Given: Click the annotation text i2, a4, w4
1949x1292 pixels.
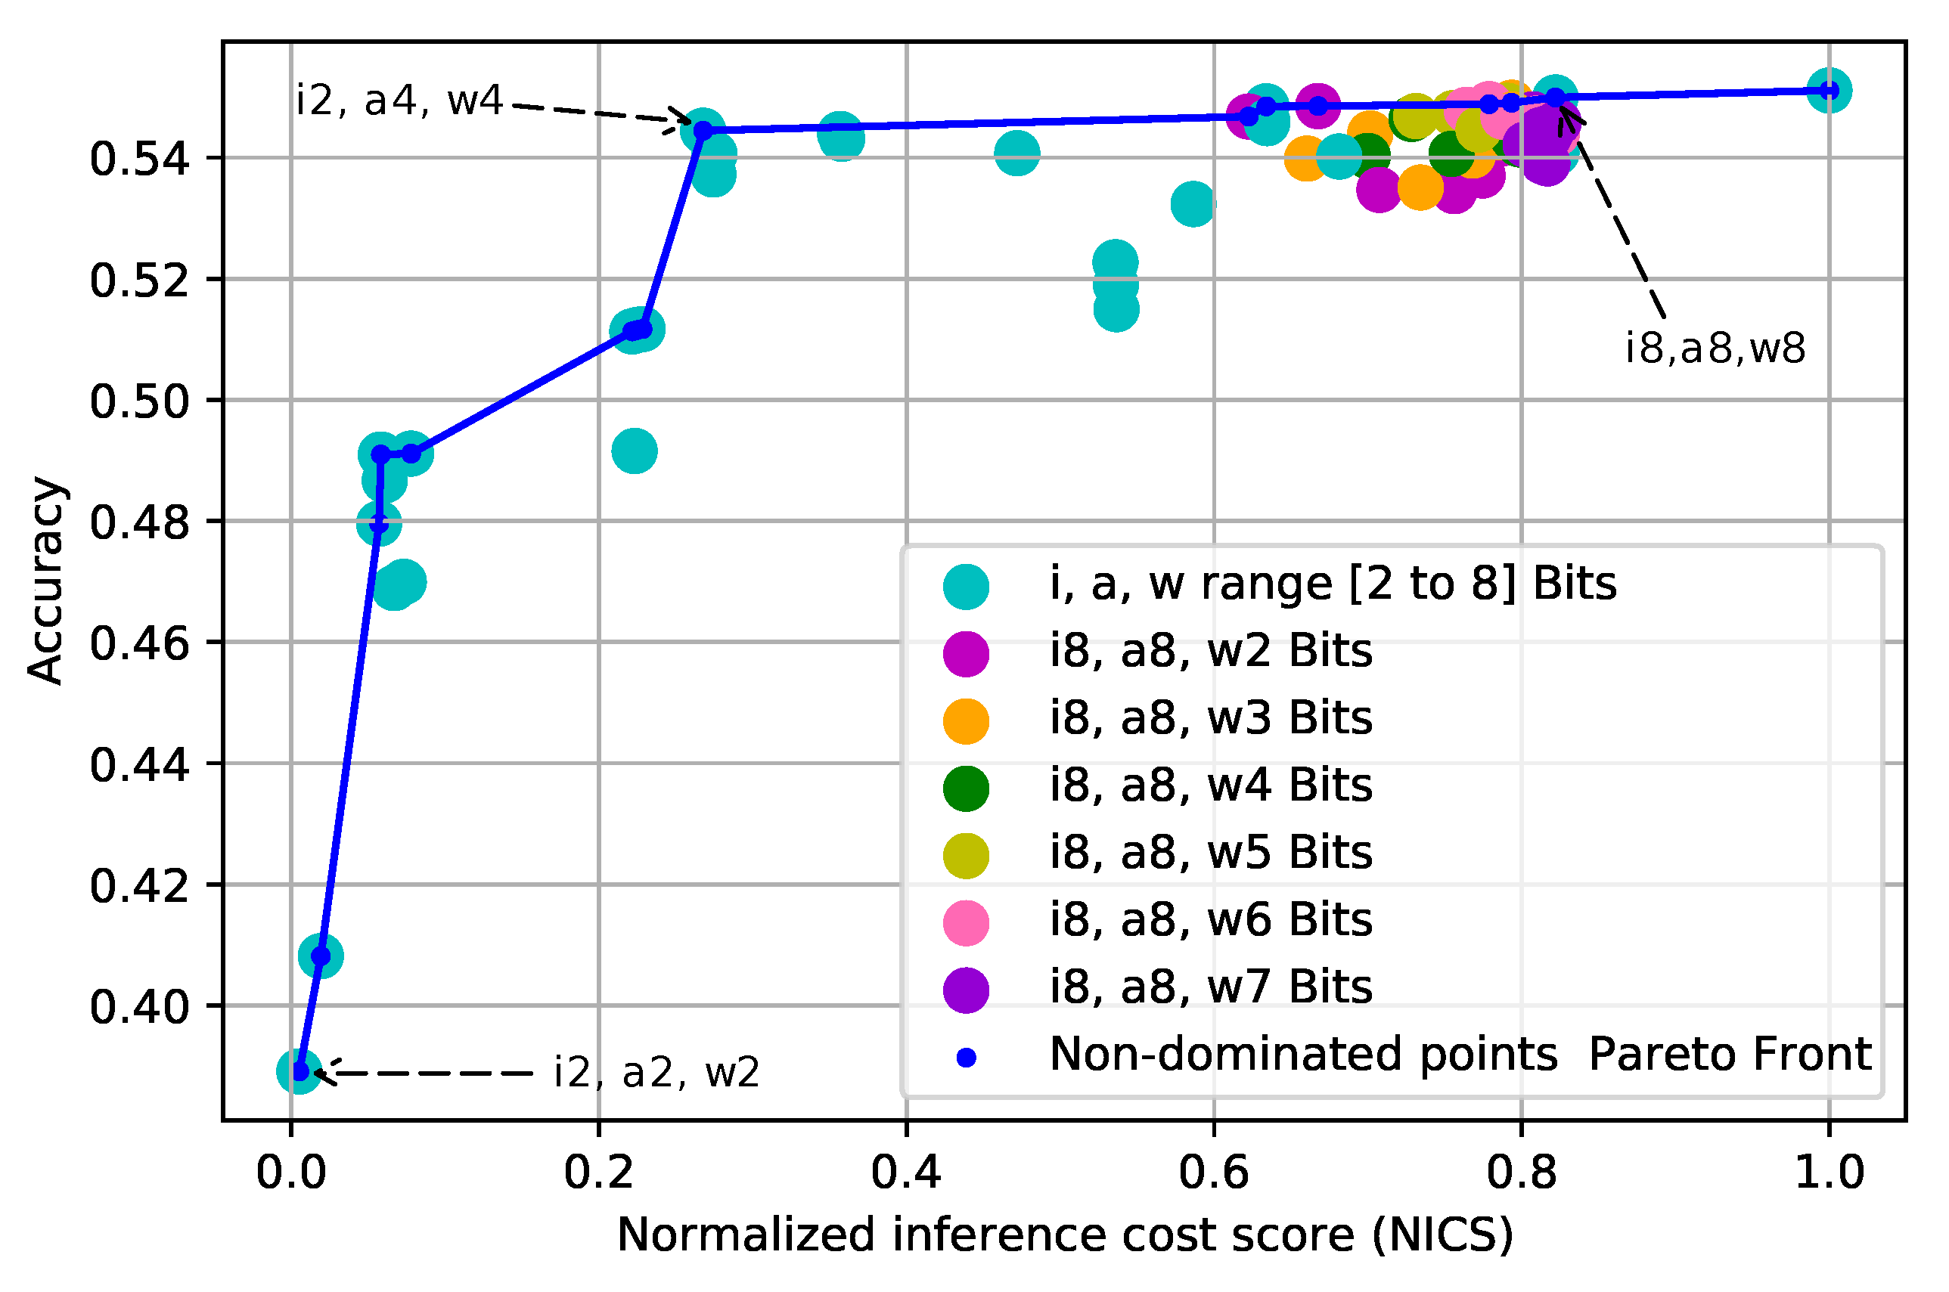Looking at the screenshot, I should pyautogui.click(x=399, y=101).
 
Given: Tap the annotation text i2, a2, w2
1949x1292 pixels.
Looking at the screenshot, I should pyautogui.click(x=656, y=1073).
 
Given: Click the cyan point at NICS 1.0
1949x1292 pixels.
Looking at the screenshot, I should pyautogui.click(x=1829, y=91).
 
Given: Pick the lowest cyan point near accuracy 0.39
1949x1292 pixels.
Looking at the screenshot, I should pyautogui.click(x=298, y=1071).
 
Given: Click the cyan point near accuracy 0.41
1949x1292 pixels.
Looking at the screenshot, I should pyautogui.click(x=321, y=956).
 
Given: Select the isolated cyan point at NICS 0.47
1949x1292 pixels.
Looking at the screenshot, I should pyautogui.click(x=1017, y=153).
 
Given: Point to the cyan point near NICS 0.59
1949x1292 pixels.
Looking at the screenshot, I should pyautogui.click(x=1193, y=203).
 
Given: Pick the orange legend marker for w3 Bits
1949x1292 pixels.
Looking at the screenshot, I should pyautogui.click(x=966, y=721).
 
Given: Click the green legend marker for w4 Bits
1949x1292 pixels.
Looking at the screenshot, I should pyautogui.click(x=966, y=789).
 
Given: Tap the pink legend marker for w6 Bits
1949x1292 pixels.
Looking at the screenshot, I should pyautogui.click(x=966, y=923).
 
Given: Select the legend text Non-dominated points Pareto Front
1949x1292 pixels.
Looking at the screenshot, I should pyautogui.click(x=1460, y=1054).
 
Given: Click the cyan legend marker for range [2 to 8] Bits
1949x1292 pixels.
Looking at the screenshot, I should pyautogui.click(x=966, y=587).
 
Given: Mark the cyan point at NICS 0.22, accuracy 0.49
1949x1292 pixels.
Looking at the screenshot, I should pyautogui.click(x=634, y=451).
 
